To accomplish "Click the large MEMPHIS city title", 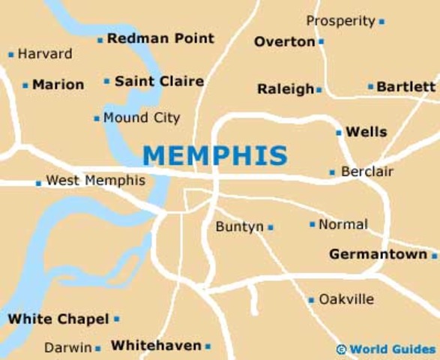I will tap(214, 155).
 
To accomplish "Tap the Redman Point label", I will tap(160, 38).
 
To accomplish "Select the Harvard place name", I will tap(45, 54).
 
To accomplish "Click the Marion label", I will tap(58, 85).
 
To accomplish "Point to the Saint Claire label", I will tap(159, 81).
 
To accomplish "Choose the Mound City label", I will tap(142, 118).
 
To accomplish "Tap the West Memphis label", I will tap(96, 181).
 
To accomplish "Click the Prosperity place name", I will tap(340, 21).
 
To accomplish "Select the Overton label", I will tap(284, 42).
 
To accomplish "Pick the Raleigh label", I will tap(286, 89).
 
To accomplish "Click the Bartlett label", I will tap(406, 87).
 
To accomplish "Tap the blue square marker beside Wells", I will tap(339, 133).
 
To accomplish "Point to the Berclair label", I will tap(367, 172).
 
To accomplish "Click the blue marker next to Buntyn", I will tap(271, 227).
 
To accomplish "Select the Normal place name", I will tap(343, 224).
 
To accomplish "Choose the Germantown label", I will tap(378, 255).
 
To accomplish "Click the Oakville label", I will tap(346, 299).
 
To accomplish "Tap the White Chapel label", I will tap(58, 319).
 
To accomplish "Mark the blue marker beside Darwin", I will tap(98, 348).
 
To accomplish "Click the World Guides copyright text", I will tap(391, 349).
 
